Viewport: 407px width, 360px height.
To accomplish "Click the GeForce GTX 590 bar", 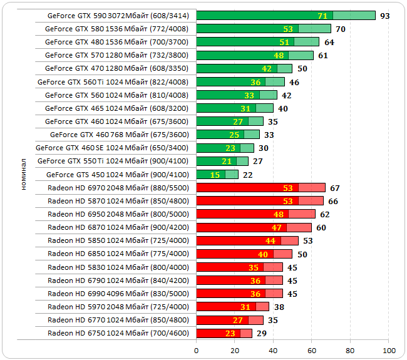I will pos(286,16).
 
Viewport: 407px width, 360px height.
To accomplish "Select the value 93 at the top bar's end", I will pos(385,16).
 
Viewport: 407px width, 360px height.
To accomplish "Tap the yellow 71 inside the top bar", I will pos(322,16).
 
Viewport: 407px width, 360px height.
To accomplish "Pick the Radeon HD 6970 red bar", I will pos(260,187).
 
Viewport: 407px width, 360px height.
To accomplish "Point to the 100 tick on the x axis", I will pos(389,350).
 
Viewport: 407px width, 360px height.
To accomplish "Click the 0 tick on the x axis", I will pos(197,350).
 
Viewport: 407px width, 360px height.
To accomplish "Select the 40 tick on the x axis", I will pos(274,350).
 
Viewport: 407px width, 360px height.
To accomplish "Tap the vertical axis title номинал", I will pos(23,173).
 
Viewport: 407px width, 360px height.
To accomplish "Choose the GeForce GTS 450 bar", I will pos(217,174).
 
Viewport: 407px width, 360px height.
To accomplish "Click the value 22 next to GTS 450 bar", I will pos(248,174).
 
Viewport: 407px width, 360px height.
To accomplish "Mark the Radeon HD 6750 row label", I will pos(118,333).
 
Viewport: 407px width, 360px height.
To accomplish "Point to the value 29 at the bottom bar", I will pos(262,333).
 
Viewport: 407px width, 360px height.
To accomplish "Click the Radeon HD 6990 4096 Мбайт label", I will pos(118,293).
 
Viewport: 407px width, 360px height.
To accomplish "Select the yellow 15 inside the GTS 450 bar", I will pos(215,174).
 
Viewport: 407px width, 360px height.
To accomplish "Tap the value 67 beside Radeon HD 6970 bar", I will pos(335,188).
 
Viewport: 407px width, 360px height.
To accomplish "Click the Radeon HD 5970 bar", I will pos(232,307).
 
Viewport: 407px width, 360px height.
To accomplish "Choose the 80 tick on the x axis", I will pos(351,350).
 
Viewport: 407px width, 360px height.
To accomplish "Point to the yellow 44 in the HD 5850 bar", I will pos(270,240).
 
